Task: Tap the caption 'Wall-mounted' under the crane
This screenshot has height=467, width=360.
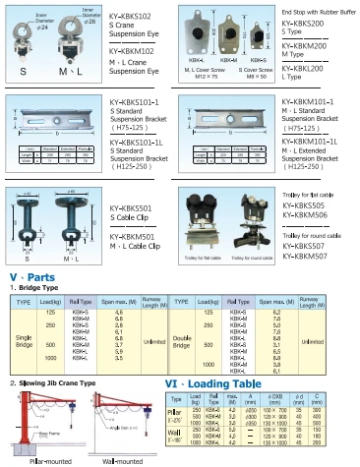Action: pyautogui.click(x=122, y=460)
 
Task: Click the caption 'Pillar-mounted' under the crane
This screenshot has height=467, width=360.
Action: pyautogui.click(x=40, y=460)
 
